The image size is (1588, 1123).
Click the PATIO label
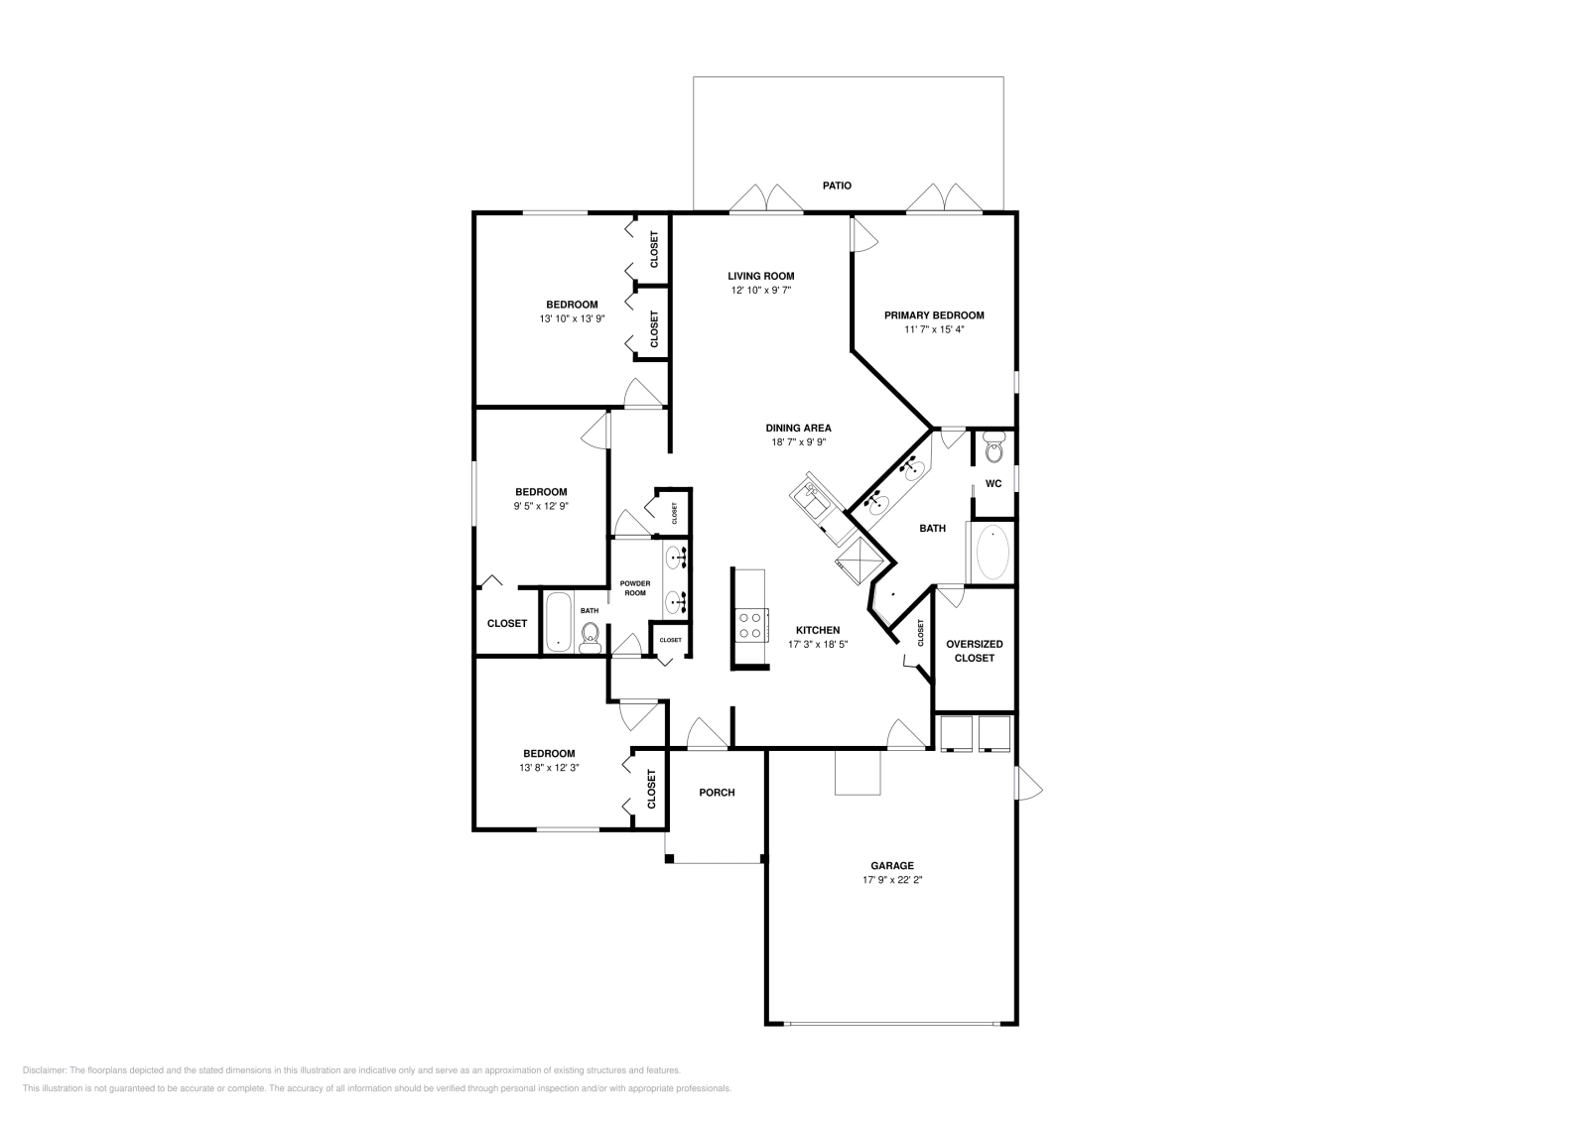[x=837, y=186]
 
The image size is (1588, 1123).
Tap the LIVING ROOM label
[x=760, y=277]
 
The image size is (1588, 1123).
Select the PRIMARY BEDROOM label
[x=934, y=315]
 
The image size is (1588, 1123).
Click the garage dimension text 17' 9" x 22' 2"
[x=892, y=880]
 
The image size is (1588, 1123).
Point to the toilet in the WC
[x=993, y=447]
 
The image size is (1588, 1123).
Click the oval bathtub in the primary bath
[x=992, y=554]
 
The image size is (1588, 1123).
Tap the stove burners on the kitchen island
[x=750, y=625]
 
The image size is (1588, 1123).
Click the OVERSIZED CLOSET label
[x=974, y=651]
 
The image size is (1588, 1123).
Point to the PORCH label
[x=717, y=792]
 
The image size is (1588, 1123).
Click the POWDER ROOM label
[x=635, y=588]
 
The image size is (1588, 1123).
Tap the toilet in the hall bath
[x=590, y=636]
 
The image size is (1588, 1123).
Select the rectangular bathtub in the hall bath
[x=558, y=622]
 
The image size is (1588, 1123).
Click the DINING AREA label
[x=798, y=428]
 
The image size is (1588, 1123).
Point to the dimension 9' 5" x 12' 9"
[x=541, y=506]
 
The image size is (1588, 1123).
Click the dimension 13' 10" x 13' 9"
[x=572, y=318]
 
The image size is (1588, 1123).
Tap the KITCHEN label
[x=818, y=630]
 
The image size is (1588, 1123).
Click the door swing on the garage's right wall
[x=1028, y=784]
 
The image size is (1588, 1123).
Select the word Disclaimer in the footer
[x=44, y=1070]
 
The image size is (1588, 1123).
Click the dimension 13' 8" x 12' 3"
[x=549, y=767]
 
